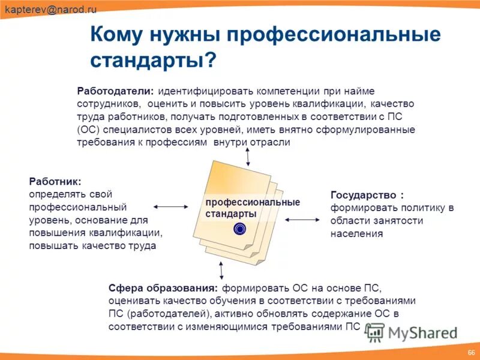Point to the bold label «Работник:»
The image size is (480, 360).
point(55,181)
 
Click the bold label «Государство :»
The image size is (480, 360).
point(367,195)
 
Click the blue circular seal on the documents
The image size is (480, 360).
point(240,228)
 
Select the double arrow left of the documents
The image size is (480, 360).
point(172,206)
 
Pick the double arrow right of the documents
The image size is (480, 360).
point(302,220)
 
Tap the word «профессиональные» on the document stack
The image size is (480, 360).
point(252,202)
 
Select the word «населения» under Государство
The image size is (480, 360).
point(356,234)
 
